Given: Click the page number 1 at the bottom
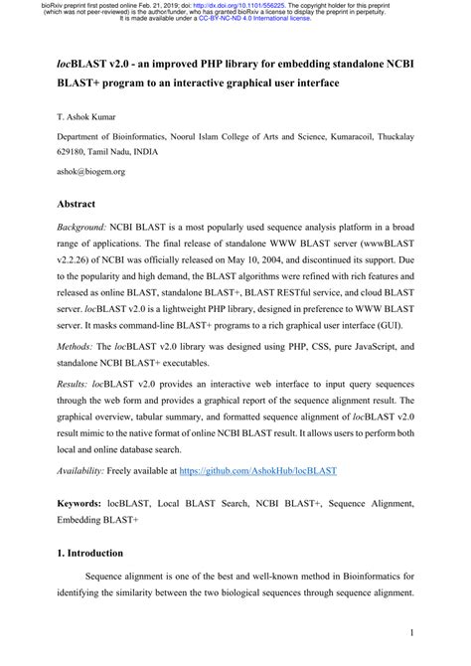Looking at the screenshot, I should pyautogui.click(x=410, y=632).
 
